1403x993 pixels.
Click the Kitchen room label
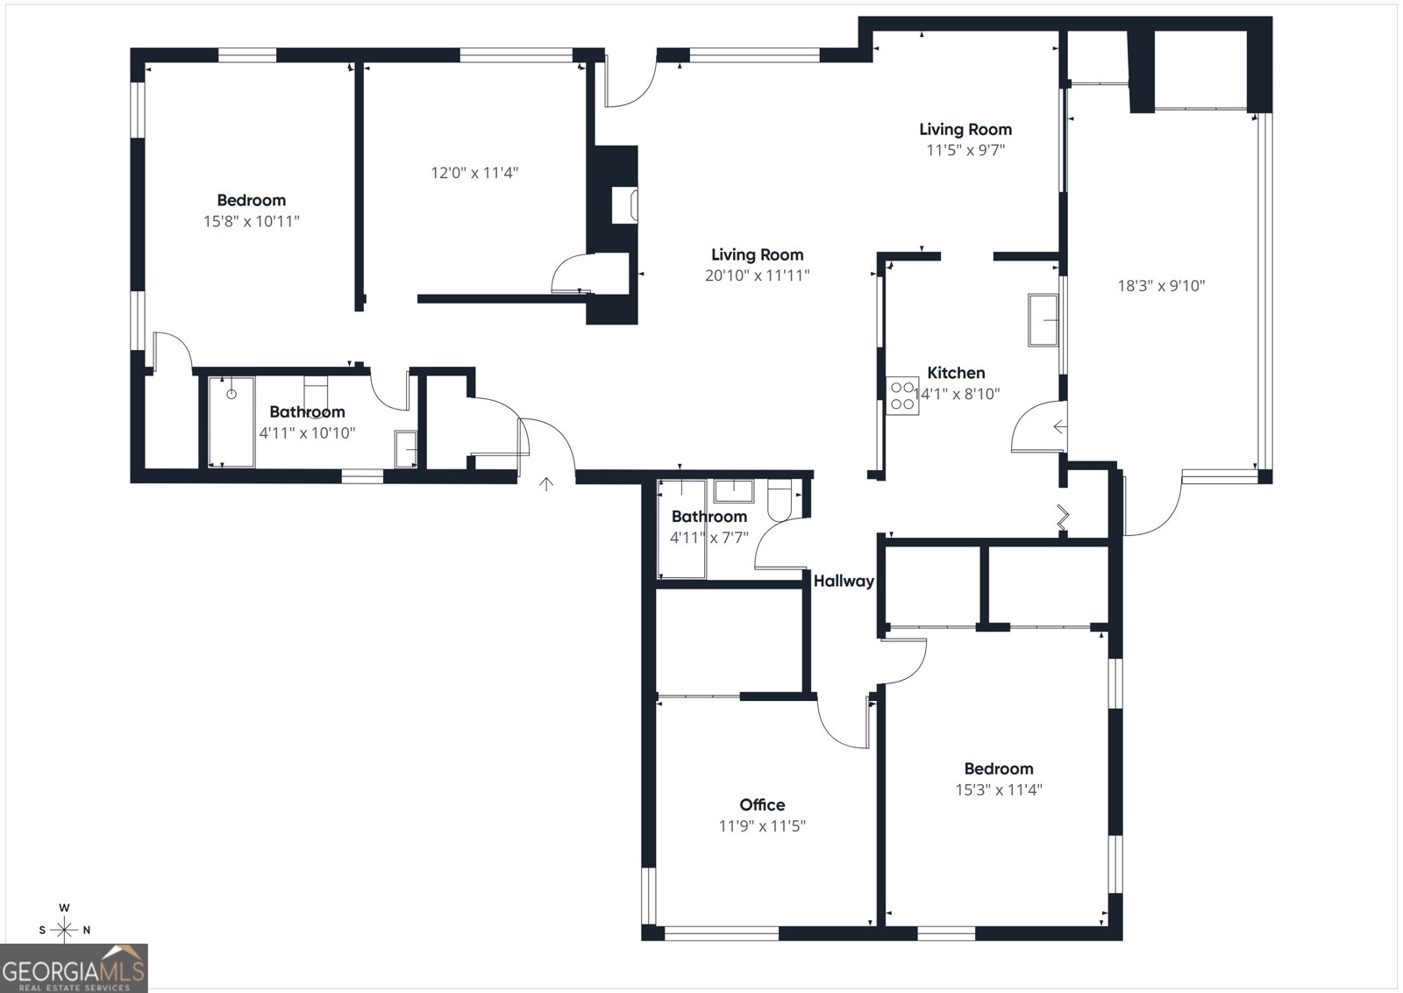(956, 373)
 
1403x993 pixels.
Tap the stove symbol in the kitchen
(902, 396)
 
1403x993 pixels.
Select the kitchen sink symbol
(1043, 320)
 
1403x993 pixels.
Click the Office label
(762, 804)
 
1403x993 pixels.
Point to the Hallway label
(844, 581)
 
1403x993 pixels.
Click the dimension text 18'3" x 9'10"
(1161, 285)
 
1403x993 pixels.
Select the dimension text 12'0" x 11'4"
(474, 173)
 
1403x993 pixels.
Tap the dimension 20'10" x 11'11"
(757, 275)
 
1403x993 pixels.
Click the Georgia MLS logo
(74, 968)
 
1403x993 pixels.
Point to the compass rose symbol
(64, 929)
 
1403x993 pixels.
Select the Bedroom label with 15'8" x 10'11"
(252, 200)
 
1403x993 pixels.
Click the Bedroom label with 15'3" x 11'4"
(999, 768)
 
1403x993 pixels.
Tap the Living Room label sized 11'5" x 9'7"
(965, 129)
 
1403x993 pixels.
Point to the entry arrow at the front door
(546, 484)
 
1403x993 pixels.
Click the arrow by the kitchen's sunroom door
(1059, 427)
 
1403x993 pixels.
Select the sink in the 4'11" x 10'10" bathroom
(405, 449)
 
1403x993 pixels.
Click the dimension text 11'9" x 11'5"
(762, 825)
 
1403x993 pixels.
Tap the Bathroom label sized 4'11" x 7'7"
(709, 517)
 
